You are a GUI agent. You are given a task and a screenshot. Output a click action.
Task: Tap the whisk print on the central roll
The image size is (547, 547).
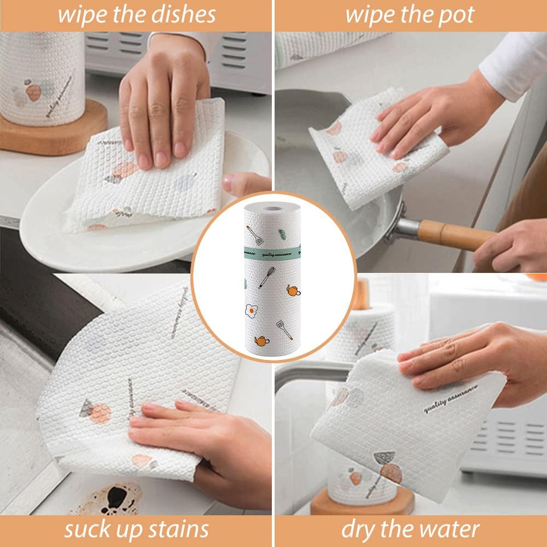click(x=266, y=277)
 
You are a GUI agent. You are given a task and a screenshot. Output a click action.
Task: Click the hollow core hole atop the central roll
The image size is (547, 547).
click(x=273, y=207)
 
